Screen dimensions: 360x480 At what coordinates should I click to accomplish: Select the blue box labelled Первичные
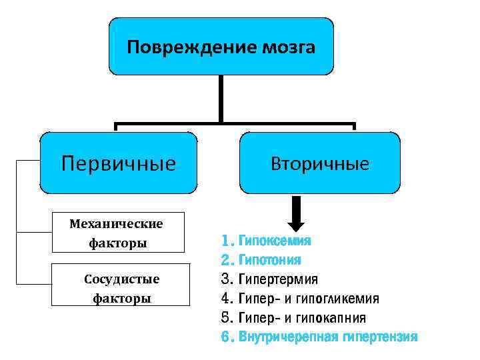click(119, 163)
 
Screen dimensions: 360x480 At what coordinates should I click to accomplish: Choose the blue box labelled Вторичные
click(320, 163)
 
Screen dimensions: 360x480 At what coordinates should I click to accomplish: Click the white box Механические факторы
click(117, 232)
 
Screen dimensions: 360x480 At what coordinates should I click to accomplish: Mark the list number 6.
click(226, 337)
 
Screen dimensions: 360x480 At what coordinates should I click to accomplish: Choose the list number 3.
click(226, 279)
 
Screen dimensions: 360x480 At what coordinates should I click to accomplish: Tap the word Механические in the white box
click(117, 223)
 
